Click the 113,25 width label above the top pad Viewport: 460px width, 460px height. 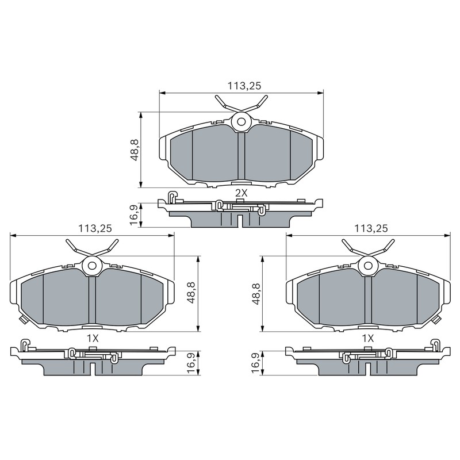click(x=244, y=86)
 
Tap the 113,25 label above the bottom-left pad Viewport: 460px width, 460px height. click(x=95, y=228)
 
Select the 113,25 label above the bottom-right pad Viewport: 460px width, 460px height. click(x=371, y=228)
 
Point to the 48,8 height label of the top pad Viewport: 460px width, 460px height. click(x=135, y=150)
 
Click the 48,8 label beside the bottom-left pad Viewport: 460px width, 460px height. click(x=191, y=293)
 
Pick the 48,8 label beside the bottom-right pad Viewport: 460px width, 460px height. click(x=256, y=294)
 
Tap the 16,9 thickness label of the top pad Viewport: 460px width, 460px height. click(x=134, y=215)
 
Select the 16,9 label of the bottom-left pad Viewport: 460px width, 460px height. click(x=191, y=363)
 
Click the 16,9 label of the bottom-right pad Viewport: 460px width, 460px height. click(x=256, y=363)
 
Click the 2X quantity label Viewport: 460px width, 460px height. click(x=241, y=193)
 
